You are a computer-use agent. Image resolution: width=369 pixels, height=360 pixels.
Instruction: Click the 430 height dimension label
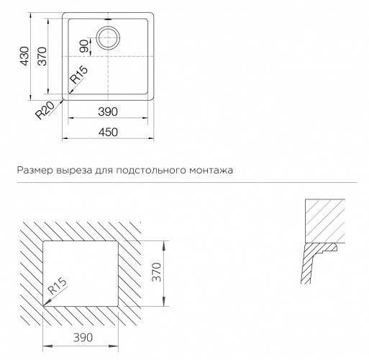point(24,56)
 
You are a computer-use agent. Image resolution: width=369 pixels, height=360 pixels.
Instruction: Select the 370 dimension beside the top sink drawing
point(42,56)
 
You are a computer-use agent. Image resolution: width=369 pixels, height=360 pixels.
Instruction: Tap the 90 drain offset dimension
point(84,46)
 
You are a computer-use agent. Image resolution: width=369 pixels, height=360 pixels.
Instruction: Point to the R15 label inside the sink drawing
point(79,74)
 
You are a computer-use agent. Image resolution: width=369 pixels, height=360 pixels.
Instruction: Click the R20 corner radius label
point(45,110)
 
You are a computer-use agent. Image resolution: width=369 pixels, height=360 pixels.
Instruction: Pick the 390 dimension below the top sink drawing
point(108,112)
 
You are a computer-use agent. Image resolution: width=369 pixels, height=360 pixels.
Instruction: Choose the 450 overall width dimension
point(108,132)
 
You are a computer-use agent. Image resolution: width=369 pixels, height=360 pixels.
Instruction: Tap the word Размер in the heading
point(35,170)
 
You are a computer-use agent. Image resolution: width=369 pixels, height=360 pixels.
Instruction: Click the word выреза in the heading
point(74,170)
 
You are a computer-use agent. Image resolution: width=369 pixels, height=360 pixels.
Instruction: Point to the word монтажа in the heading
point(211,170)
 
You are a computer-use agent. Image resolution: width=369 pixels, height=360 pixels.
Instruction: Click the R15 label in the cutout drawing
point(57,286)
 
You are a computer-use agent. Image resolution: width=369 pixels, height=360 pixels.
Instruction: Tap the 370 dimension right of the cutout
point(157,272)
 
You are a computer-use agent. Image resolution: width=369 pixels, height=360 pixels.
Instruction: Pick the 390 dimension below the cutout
point(83,338)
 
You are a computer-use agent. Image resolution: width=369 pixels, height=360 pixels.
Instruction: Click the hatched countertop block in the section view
point(325,221)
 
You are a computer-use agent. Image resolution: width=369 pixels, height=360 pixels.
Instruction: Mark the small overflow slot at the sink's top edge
point(109,19)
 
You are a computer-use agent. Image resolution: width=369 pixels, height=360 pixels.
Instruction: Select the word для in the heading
point(104,171)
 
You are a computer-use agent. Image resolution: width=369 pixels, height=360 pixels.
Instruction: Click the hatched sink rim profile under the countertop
point(311,259)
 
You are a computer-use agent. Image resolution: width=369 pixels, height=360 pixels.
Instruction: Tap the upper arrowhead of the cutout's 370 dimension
point(164,245)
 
